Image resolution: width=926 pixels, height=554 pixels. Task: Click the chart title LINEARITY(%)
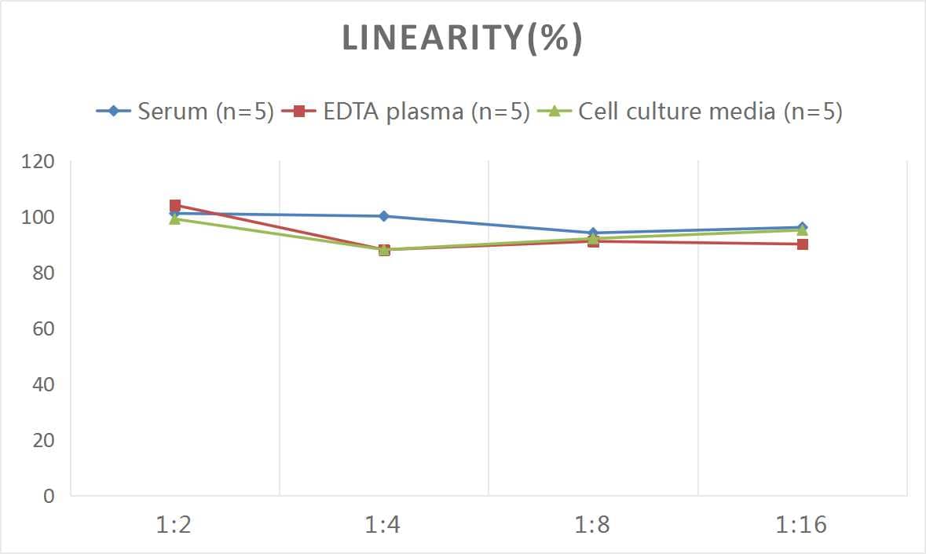coord(462,39)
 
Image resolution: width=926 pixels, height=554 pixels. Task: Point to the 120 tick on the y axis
coord(38,161)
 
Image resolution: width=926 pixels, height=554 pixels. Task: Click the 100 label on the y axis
coord(38,217)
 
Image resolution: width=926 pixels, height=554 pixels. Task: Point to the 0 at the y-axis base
coord(49,496)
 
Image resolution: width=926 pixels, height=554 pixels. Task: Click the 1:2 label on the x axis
coord(174,525)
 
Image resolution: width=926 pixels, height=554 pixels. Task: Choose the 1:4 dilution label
coord(383,525)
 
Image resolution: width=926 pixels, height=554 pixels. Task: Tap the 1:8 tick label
coord(593,525)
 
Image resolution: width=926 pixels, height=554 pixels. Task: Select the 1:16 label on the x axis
coord(802,525)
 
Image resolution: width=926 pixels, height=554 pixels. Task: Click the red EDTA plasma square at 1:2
coord(175,206)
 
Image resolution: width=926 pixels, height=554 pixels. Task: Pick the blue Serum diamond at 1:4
coord(384,216)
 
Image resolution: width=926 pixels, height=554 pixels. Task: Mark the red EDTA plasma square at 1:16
coord(803,244)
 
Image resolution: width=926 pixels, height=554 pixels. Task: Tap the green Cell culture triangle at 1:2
coord(175,219)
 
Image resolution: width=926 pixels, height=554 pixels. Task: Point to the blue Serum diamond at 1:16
coord(803,228)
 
